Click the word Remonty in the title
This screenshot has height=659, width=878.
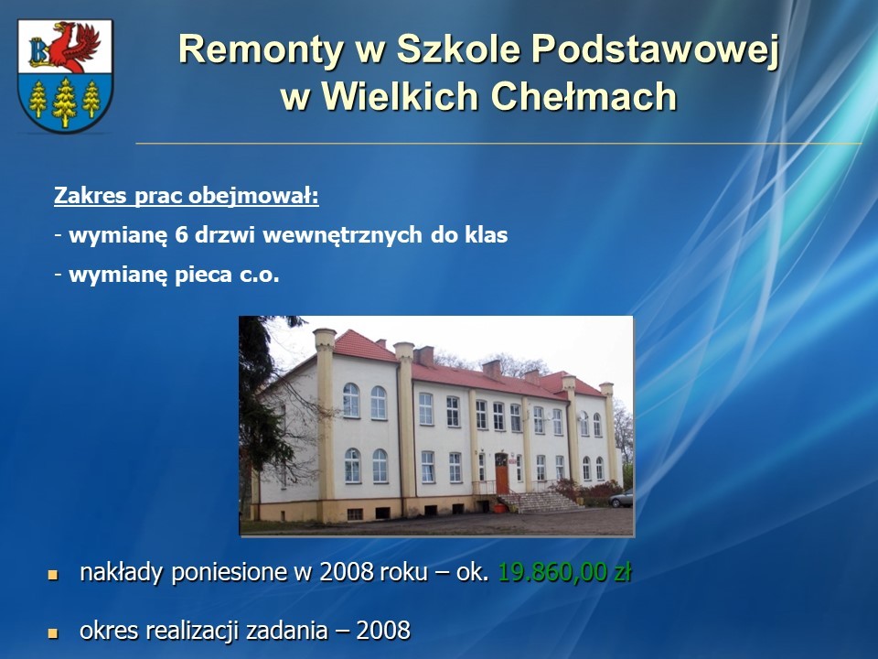coord(261,49)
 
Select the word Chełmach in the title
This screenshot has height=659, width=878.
coord(584,96)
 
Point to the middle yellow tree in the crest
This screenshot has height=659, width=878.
coord(64,103)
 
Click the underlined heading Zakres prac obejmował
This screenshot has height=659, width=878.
coord(187,196)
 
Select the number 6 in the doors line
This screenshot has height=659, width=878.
coord(180,235)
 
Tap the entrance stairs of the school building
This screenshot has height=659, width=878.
coord(539,502)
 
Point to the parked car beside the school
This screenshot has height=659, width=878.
coord(621,498)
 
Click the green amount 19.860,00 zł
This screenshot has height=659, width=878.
coord(564,572)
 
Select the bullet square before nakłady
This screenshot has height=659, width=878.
coord(53,575)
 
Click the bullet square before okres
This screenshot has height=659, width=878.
coord(53,633)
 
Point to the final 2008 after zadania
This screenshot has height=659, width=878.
coord(383,631)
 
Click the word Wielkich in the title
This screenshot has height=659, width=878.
coord(401,96)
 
